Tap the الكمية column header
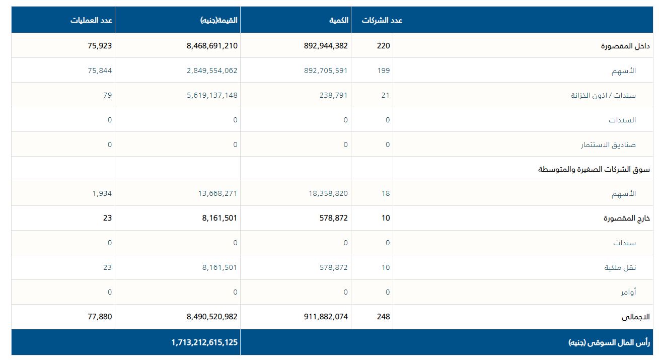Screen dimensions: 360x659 (x=339, y=21)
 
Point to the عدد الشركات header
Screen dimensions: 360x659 (x=382, y=21)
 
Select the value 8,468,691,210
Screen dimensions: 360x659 (x=211, y=46)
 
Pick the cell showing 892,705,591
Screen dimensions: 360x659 (x=326, y=70)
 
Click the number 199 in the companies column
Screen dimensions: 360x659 (x=384, y=70)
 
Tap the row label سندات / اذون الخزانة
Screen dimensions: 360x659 (x=603, y=95)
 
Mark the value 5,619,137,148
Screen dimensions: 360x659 (x=211, y=95)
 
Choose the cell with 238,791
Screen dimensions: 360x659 (x=333, y=95)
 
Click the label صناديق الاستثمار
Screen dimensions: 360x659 (x=608, y=145)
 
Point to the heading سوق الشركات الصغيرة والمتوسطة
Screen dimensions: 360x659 (x=594, y=169)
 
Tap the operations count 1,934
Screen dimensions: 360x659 (x=102, y=193)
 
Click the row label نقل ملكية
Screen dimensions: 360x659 (x=620, y=267)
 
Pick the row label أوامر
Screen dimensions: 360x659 (x=628, y=292)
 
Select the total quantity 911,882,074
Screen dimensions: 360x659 (x=326, y=317)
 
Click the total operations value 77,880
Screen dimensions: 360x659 (x=99, y=317)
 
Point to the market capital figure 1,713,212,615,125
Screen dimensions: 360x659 (x=204, y=342)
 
